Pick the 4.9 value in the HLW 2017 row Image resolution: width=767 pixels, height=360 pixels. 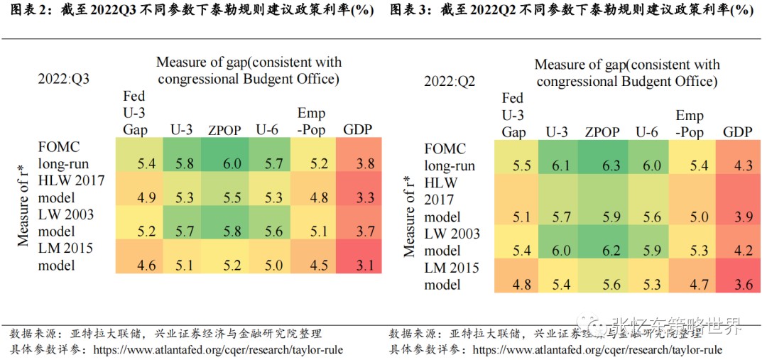(x=146, y=197)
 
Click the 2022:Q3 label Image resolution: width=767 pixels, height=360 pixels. (x=64, y=78)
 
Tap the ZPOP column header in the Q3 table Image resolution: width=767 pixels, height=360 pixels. (x=224, y=130)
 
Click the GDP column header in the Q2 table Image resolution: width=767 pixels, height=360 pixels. (x=738, y=132)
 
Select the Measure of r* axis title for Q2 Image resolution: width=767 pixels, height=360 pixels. (x=410, y=217)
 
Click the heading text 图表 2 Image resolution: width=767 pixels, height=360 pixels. (x=29, y=11)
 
